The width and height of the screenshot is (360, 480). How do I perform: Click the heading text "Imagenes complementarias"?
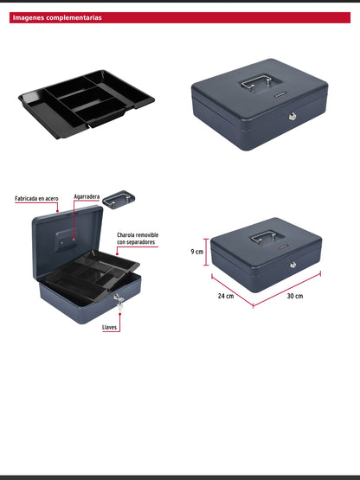(57, 17)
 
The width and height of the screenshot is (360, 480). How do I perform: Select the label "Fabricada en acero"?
(36, 198)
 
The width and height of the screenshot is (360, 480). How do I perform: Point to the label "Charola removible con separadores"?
(138, 238)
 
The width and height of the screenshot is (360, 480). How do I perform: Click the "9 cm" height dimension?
(197, 252)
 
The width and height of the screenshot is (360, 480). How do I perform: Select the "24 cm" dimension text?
(225, 296)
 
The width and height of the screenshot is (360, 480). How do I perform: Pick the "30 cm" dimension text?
(295, 296)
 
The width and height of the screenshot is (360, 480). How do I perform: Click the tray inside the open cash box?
(101, 273)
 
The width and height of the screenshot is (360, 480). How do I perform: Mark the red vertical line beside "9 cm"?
(206, 252)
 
